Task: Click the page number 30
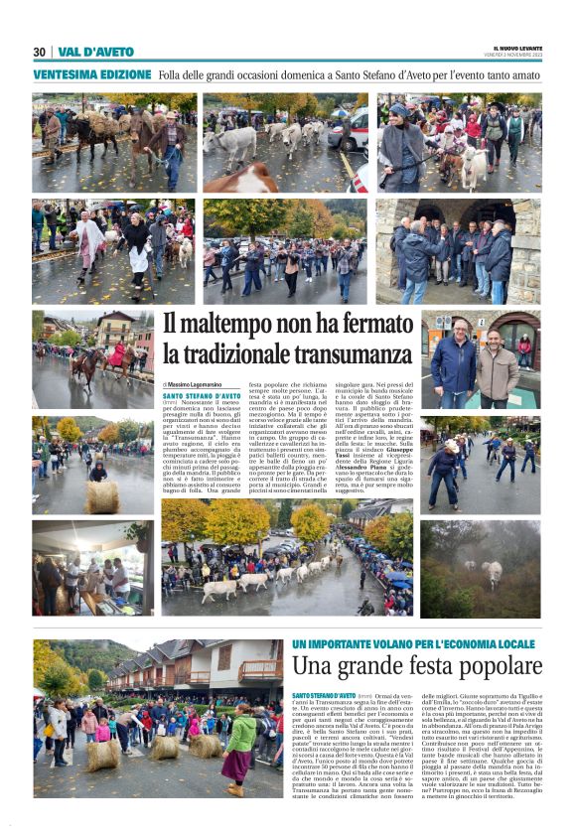tap(39, 52)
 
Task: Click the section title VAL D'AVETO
tap(95, 52)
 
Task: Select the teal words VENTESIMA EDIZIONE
tap(90, 75)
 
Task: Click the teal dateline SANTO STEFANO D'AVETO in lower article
tap(324, 696)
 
